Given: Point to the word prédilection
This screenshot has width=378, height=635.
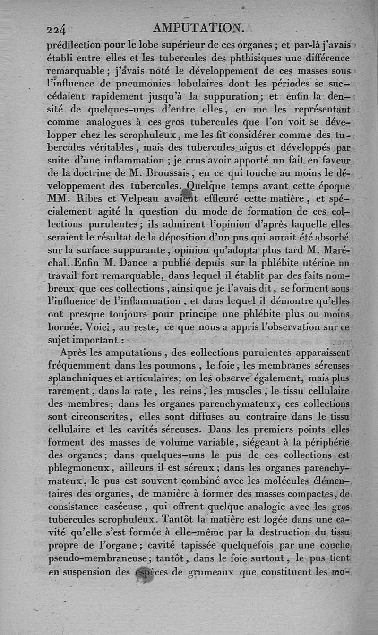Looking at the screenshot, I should click(x=79, y=46).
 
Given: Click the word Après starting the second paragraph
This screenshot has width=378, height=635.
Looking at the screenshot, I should click(x=78, y=352).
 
